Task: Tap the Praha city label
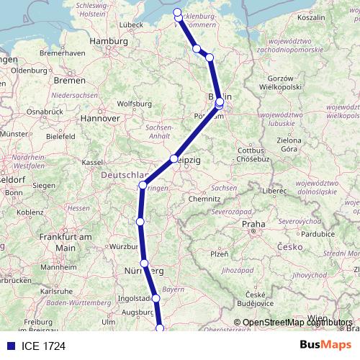click(253, 224)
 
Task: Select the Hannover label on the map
click(99, 117)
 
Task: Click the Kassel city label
click(92, 163)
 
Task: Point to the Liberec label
click(274, 191)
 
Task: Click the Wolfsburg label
click(135, 103)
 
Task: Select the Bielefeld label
click(60, 135)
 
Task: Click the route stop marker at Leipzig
click(174, 159)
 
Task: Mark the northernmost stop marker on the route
click(178, 12)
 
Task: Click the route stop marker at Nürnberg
click(144, 264)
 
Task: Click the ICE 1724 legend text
click(44, 345)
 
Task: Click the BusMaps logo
click(326, 344)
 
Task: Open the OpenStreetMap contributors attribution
click(297, 323)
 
